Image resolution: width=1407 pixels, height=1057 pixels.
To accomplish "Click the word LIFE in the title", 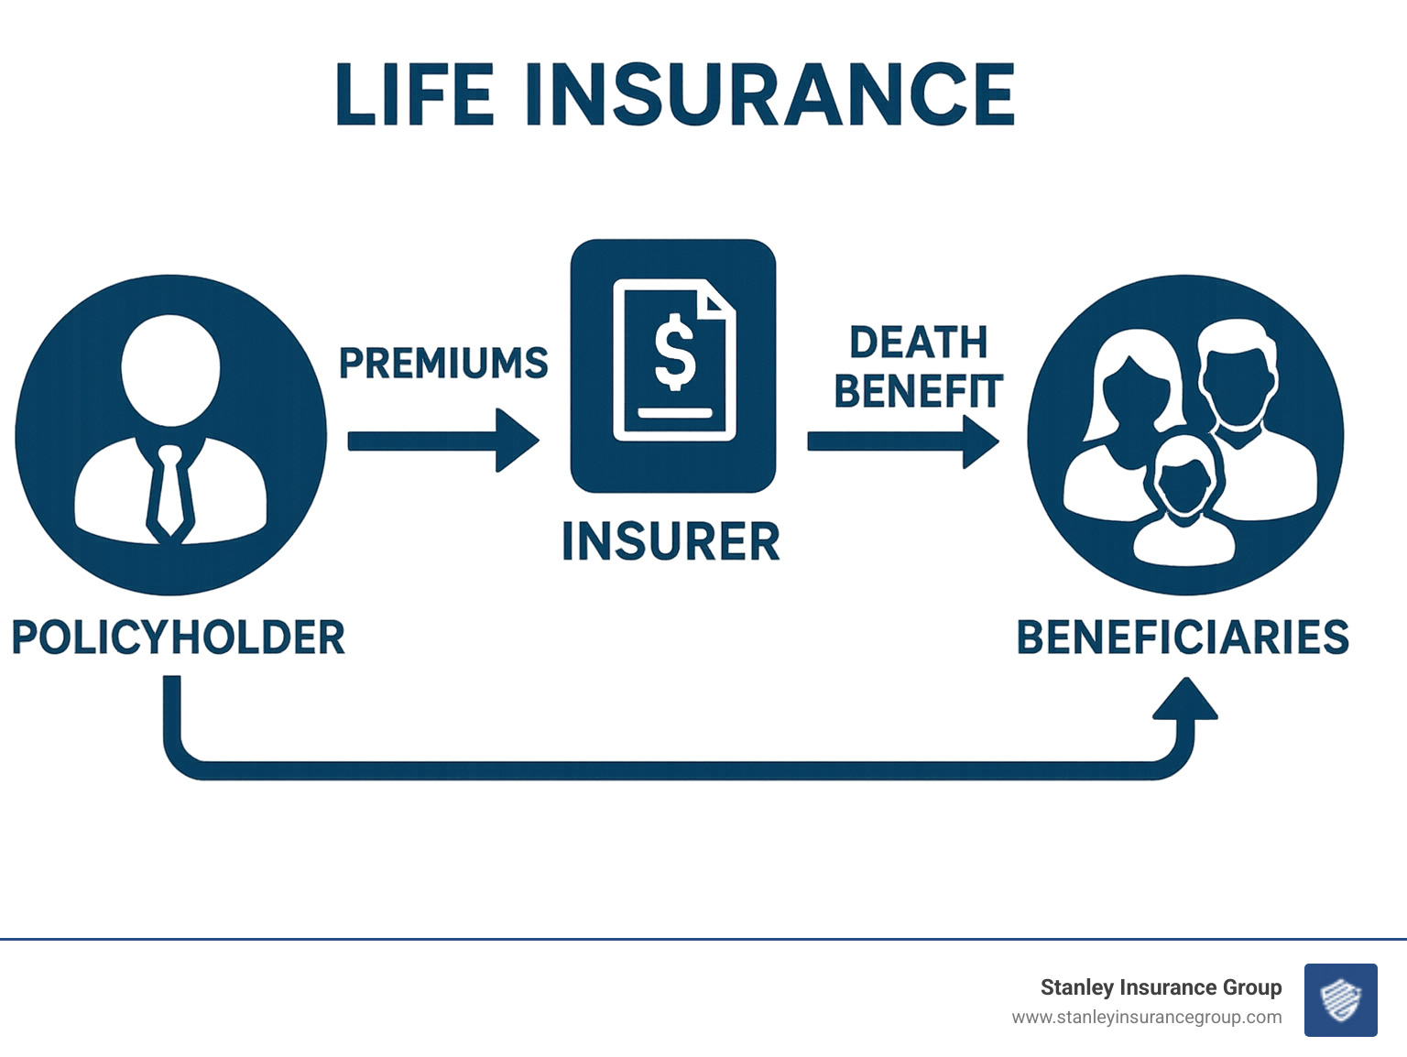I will click(414, 94).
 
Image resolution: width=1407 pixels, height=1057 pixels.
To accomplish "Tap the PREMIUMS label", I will click(443, 364).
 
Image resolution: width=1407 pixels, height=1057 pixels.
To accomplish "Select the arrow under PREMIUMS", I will click(442, 441).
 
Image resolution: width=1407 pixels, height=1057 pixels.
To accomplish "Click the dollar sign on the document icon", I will click(675, 353).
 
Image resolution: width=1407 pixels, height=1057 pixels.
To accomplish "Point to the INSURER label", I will click(671, 541).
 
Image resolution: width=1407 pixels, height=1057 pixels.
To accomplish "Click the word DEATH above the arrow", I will click(918, 343).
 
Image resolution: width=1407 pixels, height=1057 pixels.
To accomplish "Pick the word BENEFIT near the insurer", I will click(918, 391).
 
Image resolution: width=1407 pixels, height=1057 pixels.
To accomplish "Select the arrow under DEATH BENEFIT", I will click(902, 441).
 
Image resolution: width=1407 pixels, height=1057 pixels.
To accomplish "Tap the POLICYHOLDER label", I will click(178, 637).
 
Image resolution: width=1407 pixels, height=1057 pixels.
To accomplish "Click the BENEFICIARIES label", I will click(1183, 637).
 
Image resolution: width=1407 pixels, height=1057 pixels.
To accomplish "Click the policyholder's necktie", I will click(170, 490).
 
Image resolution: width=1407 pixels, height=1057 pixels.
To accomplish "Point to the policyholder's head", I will click(171, 369).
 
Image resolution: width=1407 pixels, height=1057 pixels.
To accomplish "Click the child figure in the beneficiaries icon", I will click(1184, 499).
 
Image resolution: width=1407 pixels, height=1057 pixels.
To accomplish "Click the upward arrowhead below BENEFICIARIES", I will click(1185, 700).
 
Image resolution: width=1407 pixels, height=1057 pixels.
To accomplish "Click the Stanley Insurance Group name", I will click(1161, 987).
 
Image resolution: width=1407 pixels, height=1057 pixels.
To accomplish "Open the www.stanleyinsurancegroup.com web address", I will click(1147, 1018).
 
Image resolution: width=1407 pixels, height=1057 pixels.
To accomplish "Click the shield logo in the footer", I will click(1340, 1000).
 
